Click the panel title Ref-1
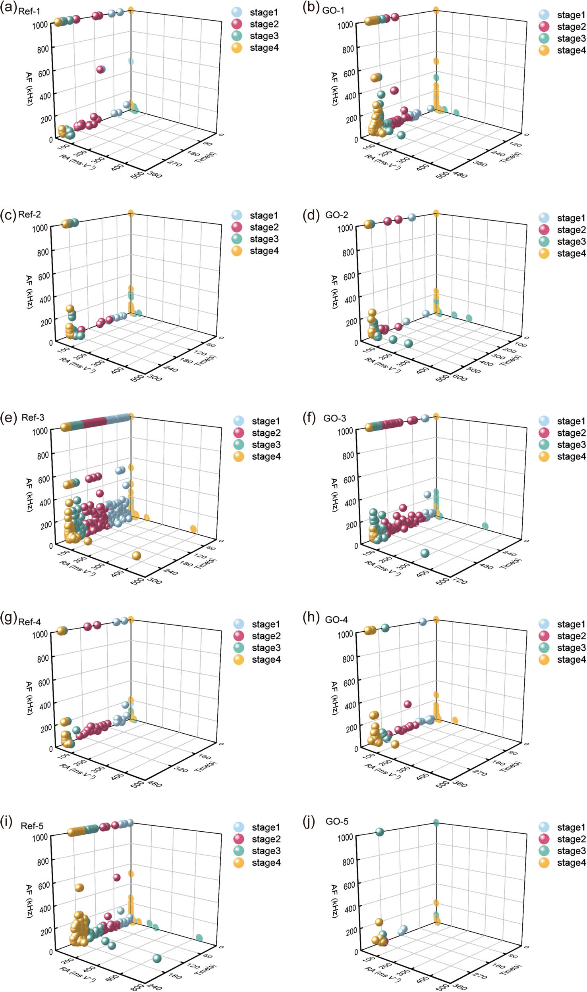point(29,11)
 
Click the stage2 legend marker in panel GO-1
point(544,27)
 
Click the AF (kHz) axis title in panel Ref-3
point(29,494)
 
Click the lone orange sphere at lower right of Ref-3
point(136,556)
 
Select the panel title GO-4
point(336,620)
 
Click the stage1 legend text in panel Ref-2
point(264,215)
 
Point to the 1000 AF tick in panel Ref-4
point(40,634)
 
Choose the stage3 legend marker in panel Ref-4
point(239,648)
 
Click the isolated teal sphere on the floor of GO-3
point(425,553)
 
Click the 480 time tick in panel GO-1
point(461,175)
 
